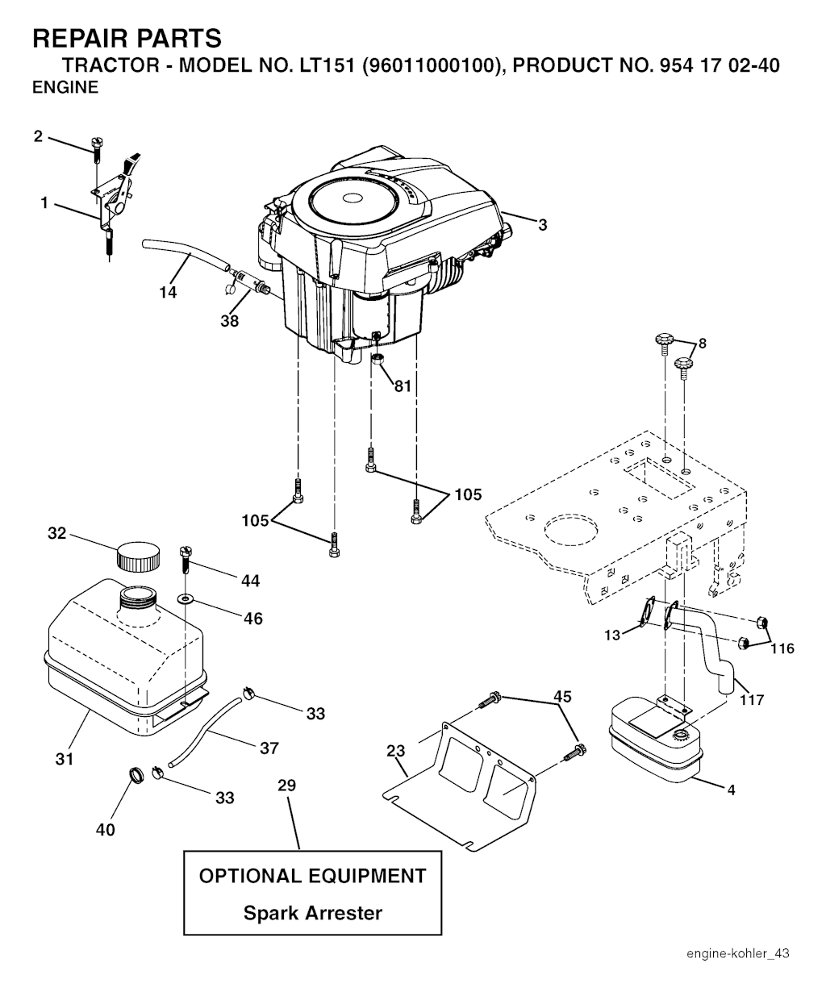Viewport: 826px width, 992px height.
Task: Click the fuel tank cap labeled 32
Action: (138, 556)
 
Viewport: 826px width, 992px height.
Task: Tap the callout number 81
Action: (403, 386)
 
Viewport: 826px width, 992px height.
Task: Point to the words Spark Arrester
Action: (313, 913)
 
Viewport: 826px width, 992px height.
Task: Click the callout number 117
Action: (751, 700)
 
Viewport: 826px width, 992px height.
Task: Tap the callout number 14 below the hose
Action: (168, 292)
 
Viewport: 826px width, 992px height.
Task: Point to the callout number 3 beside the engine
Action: (542, 224)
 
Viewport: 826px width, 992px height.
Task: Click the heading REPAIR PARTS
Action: (127, 38)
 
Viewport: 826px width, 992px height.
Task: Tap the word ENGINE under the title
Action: (65, 87)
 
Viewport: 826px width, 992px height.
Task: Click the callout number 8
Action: (703, 343)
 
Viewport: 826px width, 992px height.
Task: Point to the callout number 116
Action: (782, 648)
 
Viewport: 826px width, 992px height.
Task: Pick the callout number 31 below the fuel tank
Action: (65, 759)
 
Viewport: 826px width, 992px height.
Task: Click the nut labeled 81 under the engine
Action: (378, 358)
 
